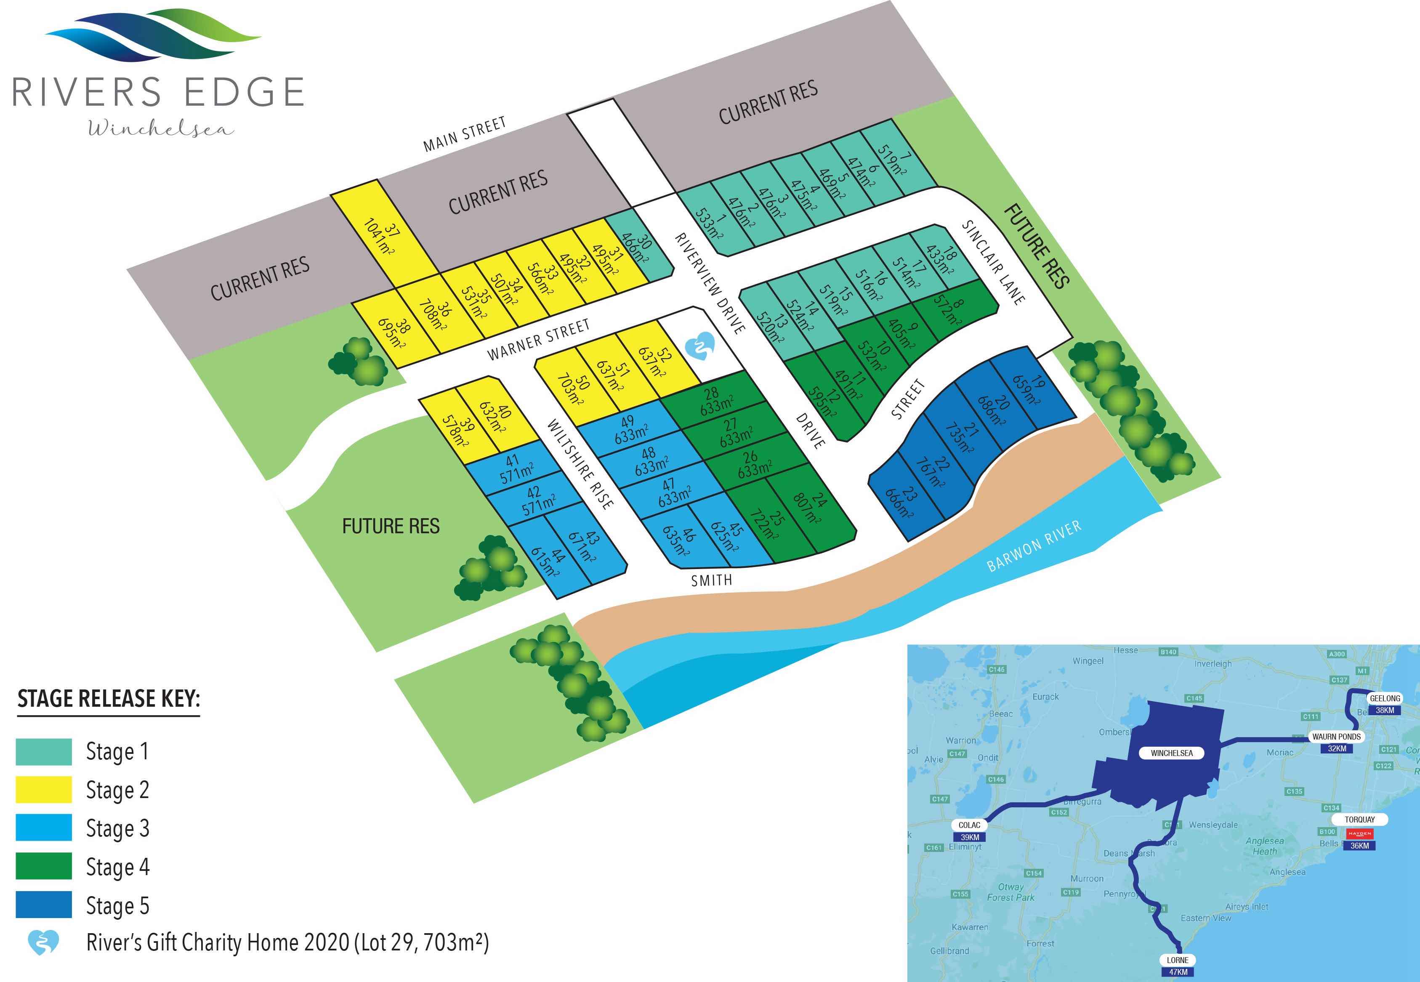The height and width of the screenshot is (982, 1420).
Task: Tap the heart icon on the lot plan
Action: point(699,346)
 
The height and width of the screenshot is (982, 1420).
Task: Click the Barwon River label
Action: point(1034,546)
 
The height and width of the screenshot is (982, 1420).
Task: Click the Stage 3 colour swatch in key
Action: point(44,828)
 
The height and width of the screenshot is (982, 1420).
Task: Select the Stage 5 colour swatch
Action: point(44,905)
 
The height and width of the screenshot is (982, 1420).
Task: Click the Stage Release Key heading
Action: point(109,700)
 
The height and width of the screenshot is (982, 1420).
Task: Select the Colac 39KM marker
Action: point(970,830)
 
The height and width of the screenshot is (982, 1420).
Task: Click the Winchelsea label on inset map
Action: point(1171,753)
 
